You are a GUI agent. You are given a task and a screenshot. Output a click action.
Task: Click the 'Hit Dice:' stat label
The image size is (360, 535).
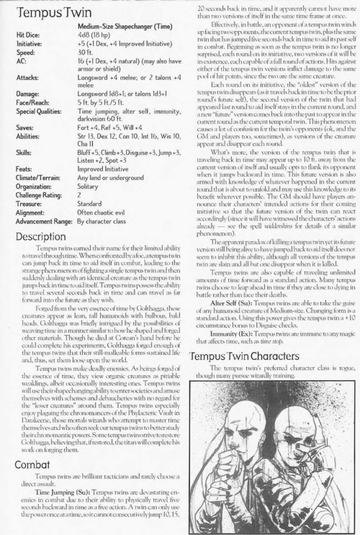[x=27, y=34]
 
